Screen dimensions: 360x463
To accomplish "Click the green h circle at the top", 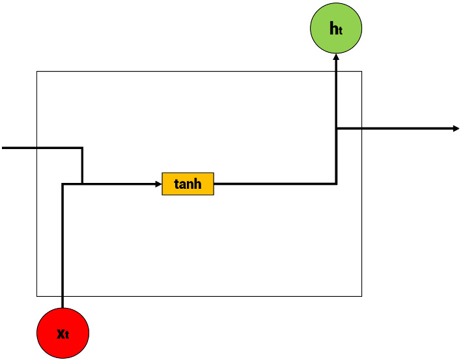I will tap(335, 29).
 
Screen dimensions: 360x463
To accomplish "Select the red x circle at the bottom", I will tap(63, 333).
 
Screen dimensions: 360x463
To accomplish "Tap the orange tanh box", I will tap(188, 184).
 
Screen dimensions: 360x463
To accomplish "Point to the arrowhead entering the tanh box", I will tap(158, 184).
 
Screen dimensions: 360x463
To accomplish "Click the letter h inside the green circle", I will tap(333, 28).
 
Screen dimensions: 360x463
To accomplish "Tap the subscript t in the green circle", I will tap(341, 31).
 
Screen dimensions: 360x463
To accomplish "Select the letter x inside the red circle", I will tap(60, 333).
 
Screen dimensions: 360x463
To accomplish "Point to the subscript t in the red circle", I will tap(67, 336).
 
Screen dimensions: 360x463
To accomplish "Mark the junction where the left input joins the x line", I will tap(82, 184).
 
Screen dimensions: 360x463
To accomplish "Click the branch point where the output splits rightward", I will tap(336, 128).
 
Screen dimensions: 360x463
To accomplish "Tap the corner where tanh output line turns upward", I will tap(336, 184).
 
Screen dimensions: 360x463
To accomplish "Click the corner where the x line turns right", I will tap(63, 184).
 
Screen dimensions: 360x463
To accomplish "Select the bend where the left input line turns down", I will tap(82, 148).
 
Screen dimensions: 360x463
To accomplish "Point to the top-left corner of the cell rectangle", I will tap(37, 72).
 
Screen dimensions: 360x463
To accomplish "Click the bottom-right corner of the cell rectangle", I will tap(361, 296).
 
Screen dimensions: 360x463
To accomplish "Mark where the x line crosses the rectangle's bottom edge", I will tap(63, 296).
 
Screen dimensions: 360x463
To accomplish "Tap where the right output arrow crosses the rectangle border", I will tap(361, 128).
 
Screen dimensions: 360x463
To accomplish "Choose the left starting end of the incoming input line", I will tap(3, 148).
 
